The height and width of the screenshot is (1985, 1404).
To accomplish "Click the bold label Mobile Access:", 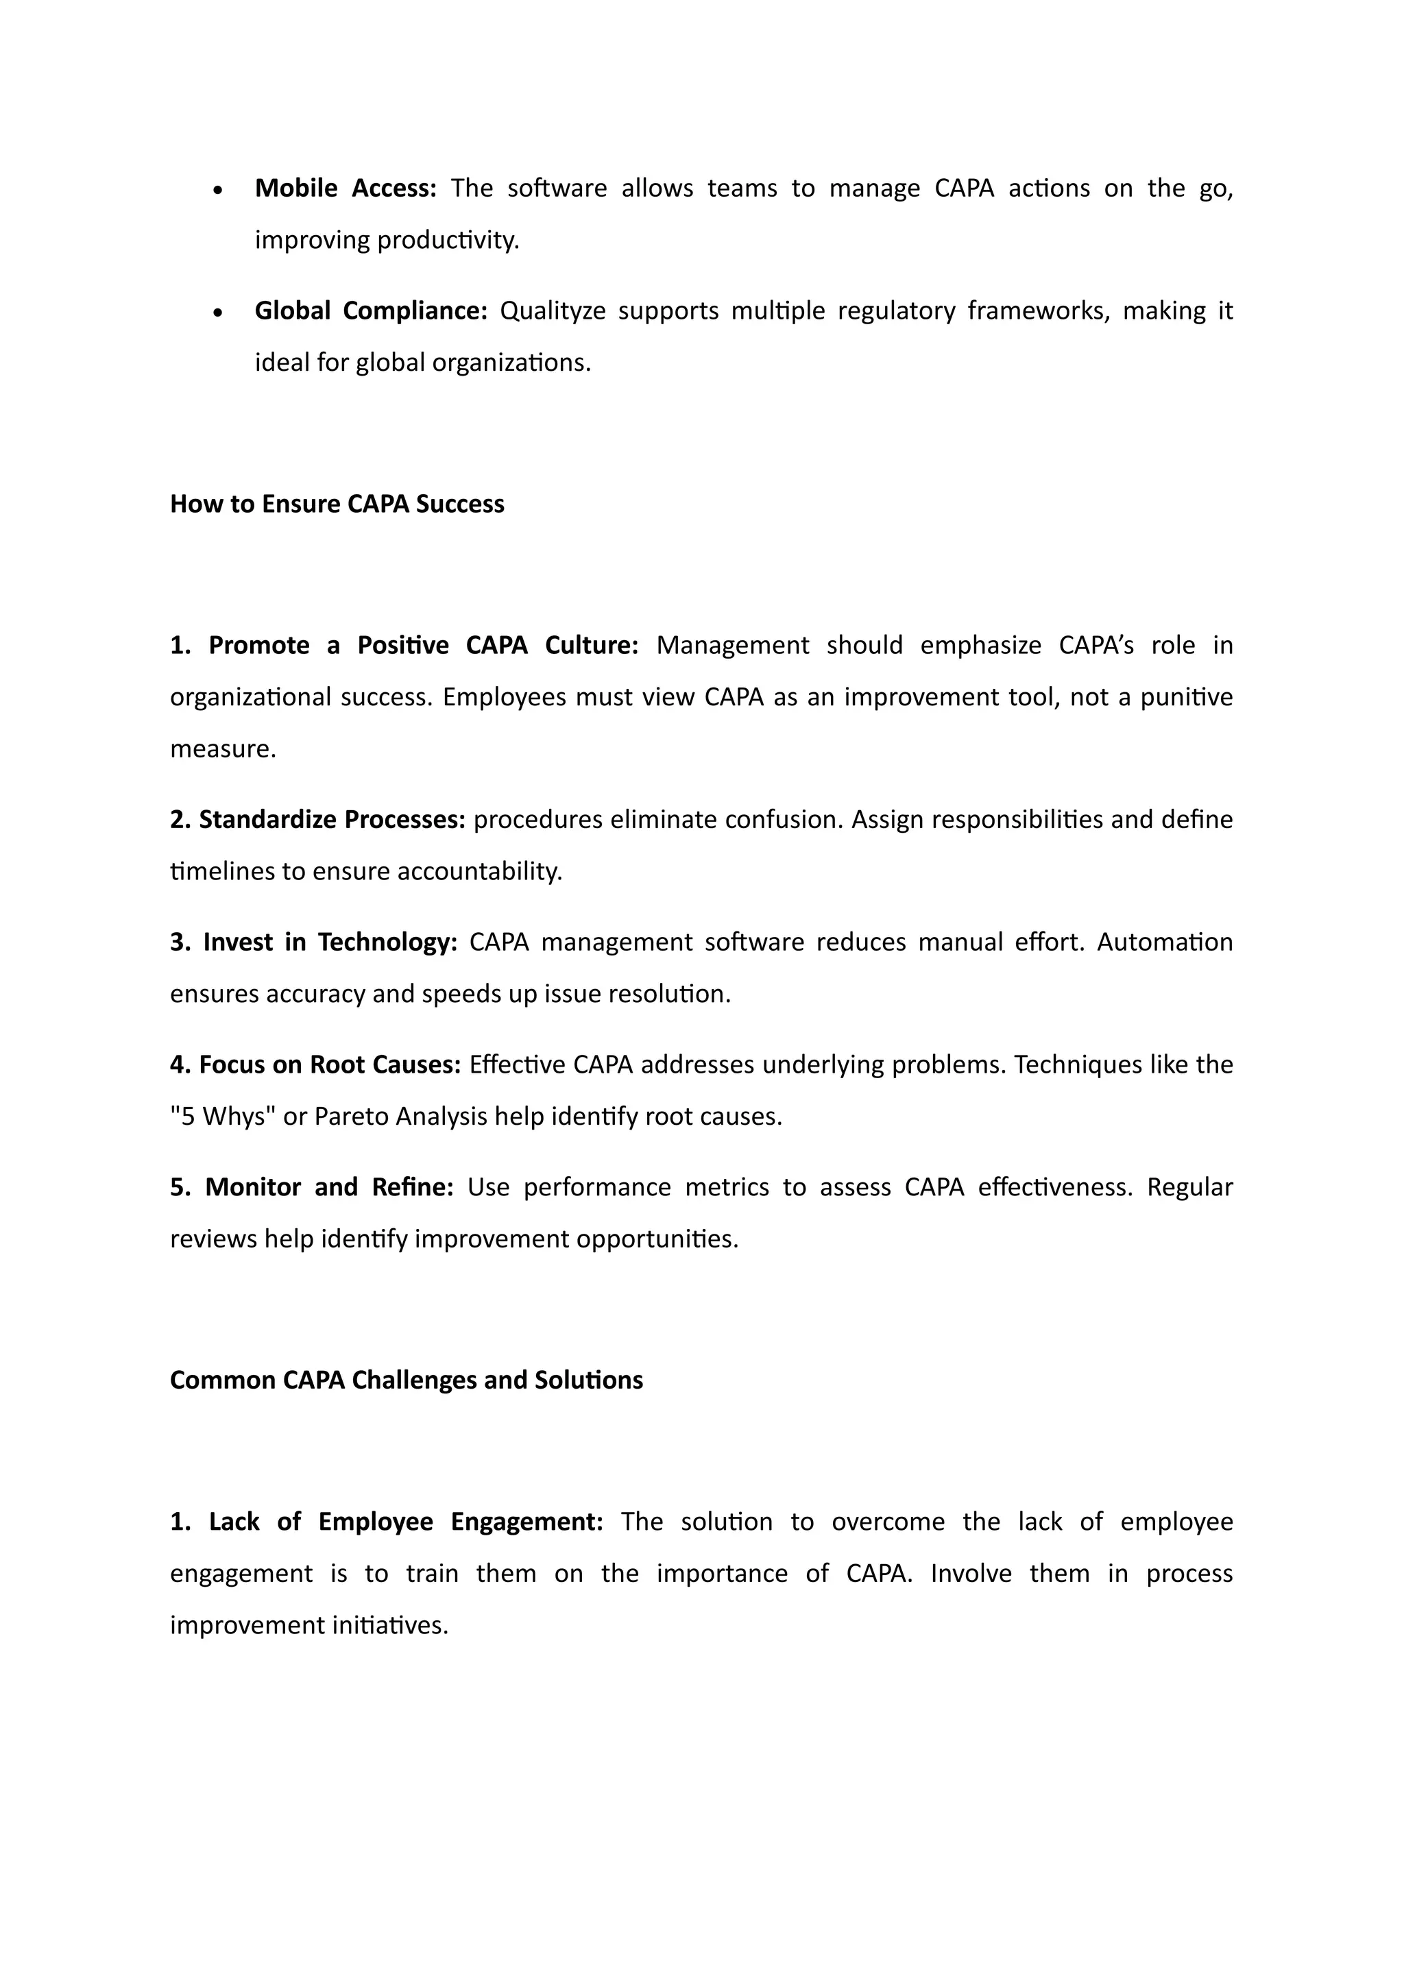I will tap(346, 188).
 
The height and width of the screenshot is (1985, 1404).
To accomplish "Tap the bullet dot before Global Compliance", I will tap(219, 312).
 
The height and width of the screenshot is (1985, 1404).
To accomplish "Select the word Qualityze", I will tap(553, 310).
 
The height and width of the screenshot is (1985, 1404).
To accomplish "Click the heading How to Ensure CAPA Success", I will tap(337, 504).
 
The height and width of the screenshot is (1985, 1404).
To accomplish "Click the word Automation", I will tap(1165, 942).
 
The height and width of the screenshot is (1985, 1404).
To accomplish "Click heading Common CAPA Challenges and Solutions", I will tap(407, 1380).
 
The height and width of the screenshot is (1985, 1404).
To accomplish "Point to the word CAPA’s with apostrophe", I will tap(1096, 645).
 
